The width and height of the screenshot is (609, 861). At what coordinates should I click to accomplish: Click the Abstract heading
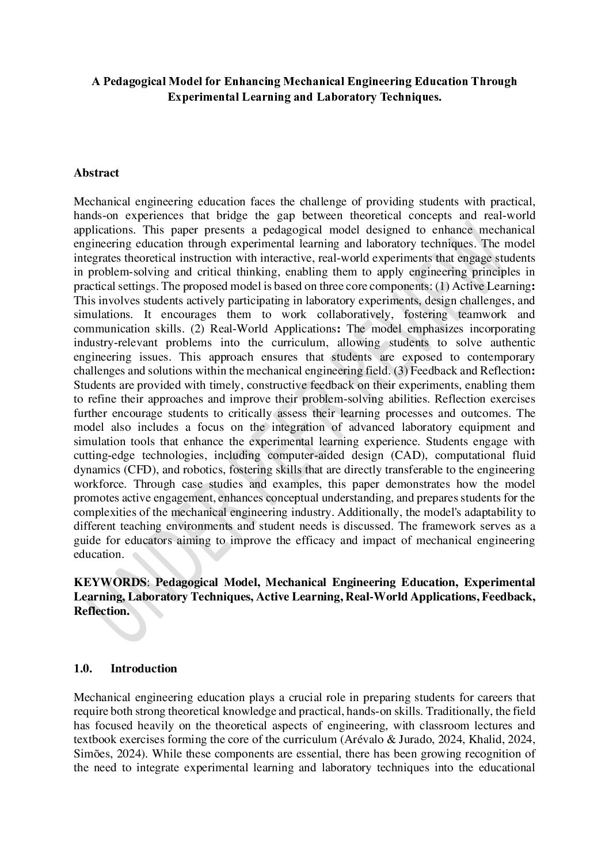[x=96, y=173]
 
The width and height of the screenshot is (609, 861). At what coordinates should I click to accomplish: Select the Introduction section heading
[x=143, y=668]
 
